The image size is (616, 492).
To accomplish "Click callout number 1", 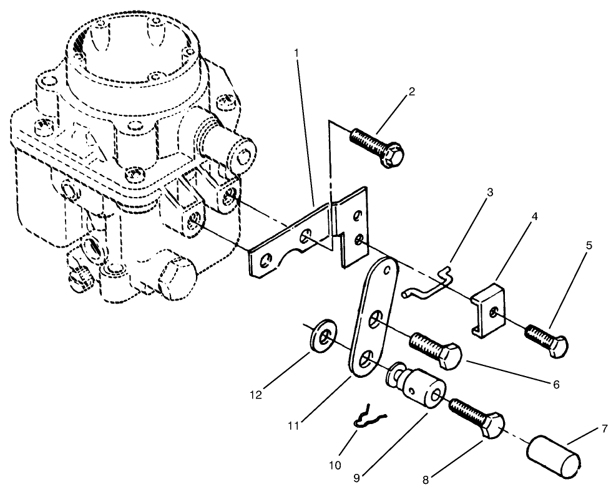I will [x=297, y=52].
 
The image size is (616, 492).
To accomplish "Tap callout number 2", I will [x=412, y=91].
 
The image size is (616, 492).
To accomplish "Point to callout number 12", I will [x=255, y=394].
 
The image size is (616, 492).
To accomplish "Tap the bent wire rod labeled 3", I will [x=431, y=286].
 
